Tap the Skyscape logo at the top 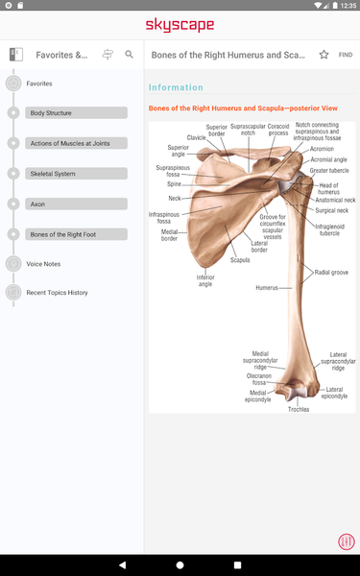click(x=180, y=24)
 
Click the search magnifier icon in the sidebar click(x=130, y=55)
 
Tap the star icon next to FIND click(x=324, y=55)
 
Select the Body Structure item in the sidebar click(x=77, y=113)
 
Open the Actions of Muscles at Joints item click(x=77, y=143)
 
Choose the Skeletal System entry click(x=77, y=174)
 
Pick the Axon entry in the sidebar click(x=77, y=204)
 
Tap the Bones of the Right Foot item click(x=77, y=234)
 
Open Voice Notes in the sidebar click(x=43, y=263)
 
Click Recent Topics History click(x=57, y=293)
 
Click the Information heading click(x=176, y=87)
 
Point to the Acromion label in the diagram click(x=322, y=149)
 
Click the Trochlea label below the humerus click(x=299, y=409)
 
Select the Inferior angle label click(x=205, y=280)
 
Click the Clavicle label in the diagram click(x=196, y=137)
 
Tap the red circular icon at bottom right click(x=346, y=541)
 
